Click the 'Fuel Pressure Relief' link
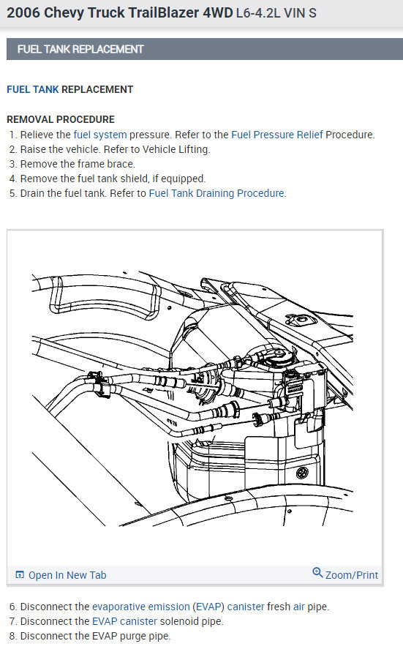click(x=276, y=135)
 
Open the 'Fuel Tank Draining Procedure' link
click(x=216, y=193)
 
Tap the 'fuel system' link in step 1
click(x=100, y=135)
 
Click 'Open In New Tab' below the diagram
click(x=67, y=575)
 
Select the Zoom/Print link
click(x=352, y=575)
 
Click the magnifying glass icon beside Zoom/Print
click(x=317, y=573)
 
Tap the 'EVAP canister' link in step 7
click(x=124, y=621)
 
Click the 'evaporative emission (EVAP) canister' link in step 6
click(x=178, y=607)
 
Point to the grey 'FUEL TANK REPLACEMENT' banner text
click(x=80, y=49)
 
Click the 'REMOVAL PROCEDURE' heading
click(x=61, y=119)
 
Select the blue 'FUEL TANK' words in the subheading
click(x=33, y=89)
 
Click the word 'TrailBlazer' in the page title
click(x=163, y=12)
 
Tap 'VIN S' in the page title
click(x=300, y=13)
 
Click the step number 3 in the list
click(x=13, y=164)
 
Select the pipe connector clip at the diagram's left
click(x=100, y=384)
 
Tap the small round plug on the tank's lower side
click(x=302, y=473)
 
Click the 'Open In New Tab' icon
click(x=20, y=574)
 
